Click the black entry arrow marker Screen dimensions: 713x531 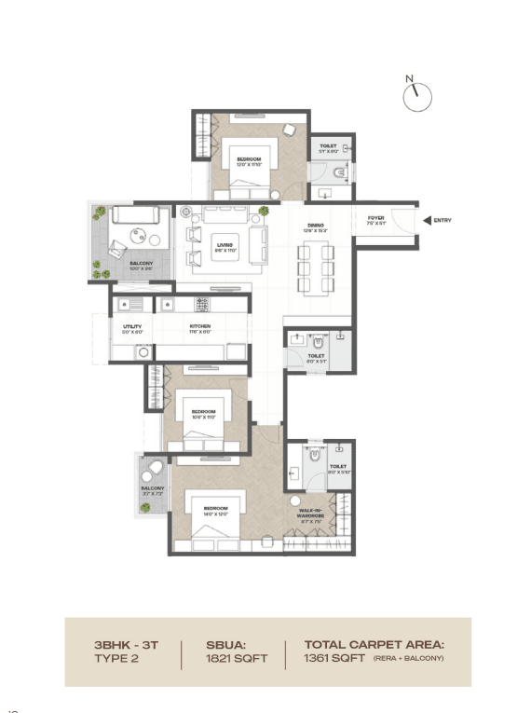click(427, 221)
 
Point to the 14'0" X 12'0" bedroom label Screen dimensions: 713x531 click(216, 512)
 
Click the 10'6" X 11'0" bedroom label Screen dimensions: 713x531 click(204, 416)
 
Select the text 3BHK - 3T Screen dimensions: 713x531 click(128, 644)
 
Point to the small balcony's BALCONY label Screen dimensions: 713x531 click(153, 489)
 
